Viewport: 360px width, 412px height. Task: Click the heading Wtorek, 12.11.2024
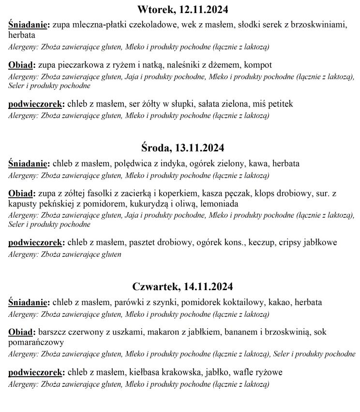point(182,10)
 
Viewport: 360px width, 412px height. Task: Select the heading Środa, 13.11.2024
point(182,148)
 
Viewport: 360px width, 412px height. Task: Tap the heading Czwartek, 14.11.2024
point(182,286)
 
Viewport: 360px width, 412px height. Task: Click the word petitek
point(280,104)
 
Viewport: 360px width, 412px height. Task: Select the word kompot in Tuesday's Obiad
point(258,65)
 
